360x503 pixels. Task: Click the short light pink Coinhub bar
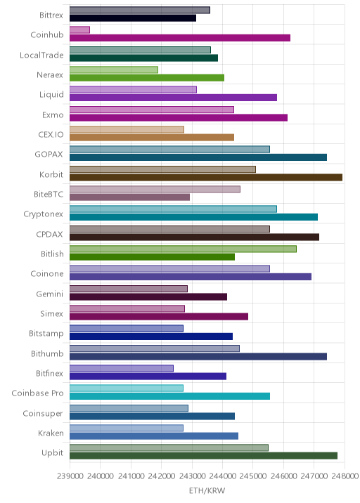click(x=79, y=30)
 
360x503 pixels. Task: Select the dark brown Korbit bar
click(x=206, y=178)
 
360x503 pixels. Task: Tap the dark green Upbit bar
click(x=204, y=456)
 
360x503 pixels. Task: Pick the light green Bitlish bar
click(x=183, y=249)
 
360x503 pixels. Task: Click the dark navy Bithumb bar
click(x=198, y=356)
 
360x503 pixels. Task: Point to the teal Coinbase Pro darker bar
click(x=170, y=396)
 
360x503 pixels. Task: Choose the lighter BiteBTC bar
click(x=155, y=189)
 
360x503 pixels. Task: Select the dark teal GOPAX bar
click(x=198, y=157)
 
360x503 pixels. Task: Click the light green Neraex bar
click(x=114, y=70)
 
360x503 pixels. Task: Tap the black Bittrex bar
click(x=133, y=18)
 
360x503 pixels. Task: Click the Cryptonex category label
click(x=44, y=214)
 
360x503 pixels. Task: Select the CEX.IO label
click(x=51, y=134)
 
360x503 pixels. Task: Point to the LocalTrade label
click(x=41, y=55)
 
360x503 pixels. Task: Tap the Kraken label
click(x=51, y=433)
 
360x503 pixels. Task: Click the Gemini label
click(x=49, y=294)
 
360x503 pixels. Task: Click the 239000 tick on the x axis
click(x=70, y=476)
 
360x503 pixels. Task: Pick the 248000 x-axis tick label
click(x=345, y=476)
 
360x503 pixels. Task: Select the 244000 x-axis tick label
click(x=223, y=476)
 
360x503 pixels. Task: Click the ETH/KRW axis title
click(x=207, y=491)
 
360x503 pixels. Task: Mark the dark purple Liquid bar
click(x=174, y=98)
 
